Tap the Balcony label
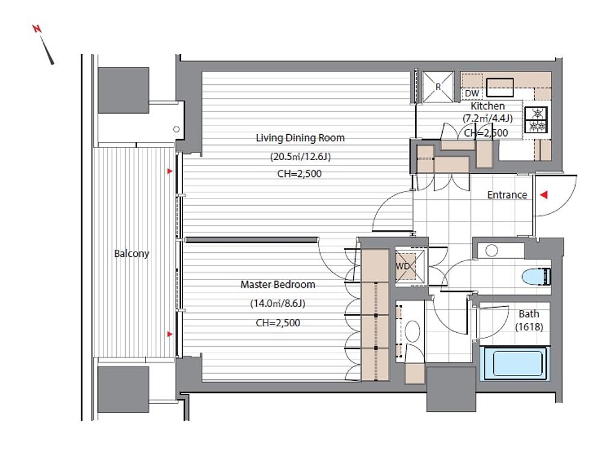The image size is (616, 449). (132, 253)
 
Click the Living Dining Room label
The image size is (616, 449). (300, 138)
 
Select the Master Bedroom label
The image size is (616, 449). (278, 284)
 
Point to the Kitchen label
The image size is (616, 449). (487, 106)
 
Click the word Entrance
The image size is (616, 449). (507, 194)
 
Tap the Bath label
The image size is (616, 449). (529, 314)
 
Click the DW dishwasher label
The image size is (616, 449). (472, 93)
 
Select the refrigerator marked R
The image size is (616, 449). (439, 87)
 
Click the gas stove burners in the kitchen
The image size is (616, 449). (537, 120)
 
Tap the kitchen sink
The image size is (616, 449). (500, 87)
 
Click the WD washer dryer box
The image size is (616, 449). (410, 266)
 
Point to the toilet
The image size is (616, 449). (537, 276)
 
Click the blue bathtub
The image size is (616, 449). (515, 364)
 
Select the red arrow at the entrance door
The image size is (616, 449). (544, 194)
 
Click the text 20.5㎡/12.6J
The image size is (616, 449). (300, 156)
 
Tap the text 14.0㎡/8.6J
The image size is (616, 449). (278, 303)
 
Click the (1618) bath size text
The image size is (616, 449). (529, 327)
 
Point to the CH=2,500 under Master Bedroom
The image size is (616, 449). (278, 323)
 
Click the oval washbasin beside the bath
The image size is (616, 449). (413, 331)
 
